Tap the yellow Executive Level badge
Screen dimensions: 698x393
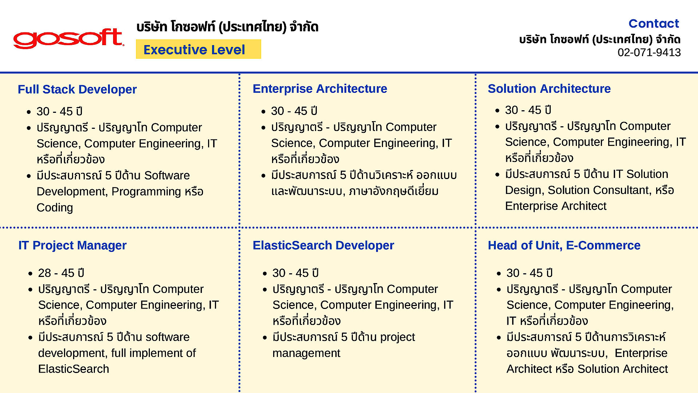198,49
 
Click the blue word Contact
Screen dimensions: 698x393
654,23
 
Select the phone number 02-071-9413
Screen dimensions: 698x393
649,52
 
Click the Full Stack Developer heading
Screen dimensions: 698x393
77,89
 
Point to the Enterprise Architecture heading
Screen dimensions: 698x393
320,88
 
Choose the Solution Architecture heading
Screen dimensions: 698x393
549,88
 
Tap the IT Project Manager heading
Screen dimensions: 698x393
72,245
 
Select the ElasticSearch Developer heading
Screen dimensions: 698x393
323,245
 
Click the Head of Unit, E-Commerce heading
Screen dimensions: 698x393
564,245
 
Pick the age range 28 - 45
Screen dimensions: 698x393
56,273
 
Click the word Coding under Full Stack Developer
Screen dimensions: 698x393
55,207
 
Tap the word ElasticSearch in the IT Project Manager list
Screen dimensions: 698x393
73,369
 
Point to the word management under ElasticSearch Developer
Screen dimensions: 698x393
306,353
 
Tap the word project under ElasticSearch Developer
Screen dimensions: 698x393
398,337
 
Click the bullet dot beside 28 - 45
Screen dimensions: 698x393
31,274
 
